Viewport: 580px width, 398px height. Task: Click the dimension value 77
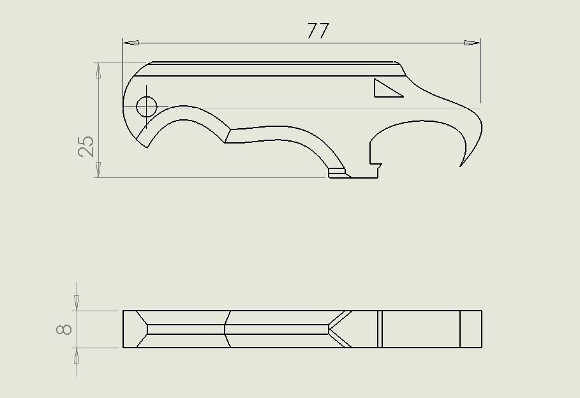[317, 31]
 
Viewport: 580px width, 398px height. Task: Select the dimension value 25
[87, 146]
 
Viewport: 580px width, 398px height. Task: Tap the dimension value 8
[64, 329]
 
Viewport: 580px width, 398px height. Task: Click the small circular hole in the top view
[146, 106]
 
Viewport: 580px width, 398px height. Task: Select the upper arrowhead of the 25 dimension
[98, 70]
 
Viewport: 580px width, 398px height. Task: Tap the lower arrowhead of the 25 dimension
[98, 170]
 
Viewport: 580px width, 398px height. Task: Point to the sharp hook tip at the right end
[461, 166]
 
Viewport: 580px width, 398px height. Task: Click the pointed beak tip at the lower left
[147, 147]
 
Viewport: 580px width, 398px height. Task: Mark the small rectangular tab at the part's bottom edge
[336, 172]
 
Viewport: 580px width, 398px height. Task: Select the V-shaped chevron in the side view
[339, 329]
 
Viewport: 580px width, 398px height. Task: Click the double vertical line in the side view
[380, 329]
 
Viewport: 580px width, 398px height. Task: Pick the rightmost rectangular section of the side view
[471, 329]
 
